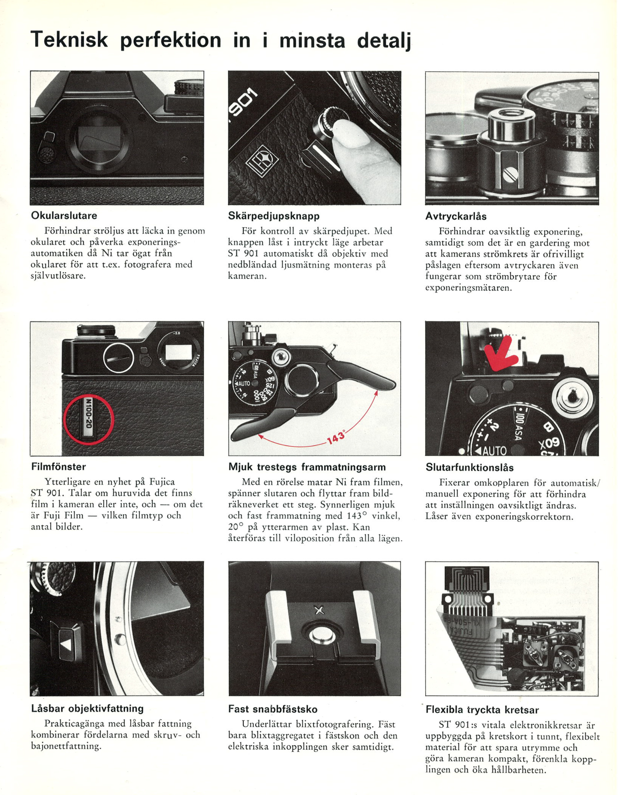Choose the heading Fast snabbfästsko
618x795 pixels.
(x=272, y=709)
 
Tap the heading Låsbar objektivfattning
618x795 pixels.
(x=87, y=708)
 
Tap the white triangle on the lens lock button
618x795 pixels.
(x=66, y=645)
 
